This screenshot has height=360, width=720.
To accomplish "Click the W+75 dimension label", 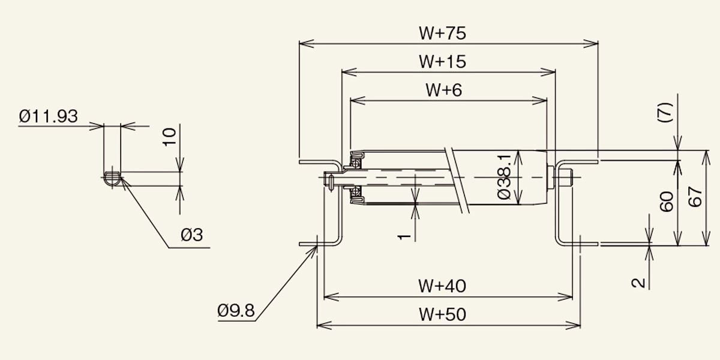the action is click(442, 34).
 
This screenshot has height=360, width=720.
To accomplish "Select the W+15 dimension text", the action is click(442, 62).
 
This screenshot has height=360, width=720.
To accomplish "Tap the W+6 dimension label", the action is click(444, 90).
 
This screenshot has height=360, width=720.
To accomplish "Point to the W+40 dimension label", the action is click(442, 286).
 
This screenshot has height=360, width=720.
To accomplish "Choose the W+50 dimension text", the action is click(442, 314).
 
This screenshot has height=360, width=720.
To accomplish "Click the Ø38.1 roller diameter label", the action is click(503, 176).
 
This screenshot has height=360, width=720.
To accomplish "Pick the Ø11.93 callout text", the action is click(48, 116).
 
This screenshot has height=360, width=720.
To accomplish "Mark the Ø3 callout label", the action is click(192, 235).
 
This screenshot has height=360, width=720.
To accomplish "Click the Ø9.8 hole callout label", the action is click(236, 311).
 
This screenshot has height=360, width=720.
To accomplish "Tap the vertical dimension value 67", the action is click(695, 197).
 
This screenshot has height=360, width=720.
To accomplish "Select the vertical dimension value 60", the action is click(667, 202).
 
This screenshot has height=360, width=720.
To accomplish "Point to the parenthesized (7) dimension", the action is click(665, 112).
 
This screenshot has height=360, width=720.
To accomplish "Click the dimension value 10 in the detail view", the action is click(169, 137).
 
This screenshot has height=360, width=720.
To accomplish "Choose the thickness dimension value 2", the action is click(638, 283).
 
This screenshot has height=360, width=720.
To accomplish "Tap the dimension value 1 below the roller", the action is click(404, 237).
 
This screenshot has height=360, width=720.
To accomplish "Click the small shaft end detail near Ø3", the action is click(113, 178).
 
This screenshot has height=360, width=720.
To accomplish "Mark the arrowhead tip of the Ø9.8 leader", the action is click(317, 246).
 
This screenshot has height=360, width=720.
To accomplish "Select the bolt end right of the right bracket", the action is click(568, 178).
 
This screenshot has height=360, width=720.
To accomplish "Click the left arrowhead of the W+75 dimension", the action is click(299, 43).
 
